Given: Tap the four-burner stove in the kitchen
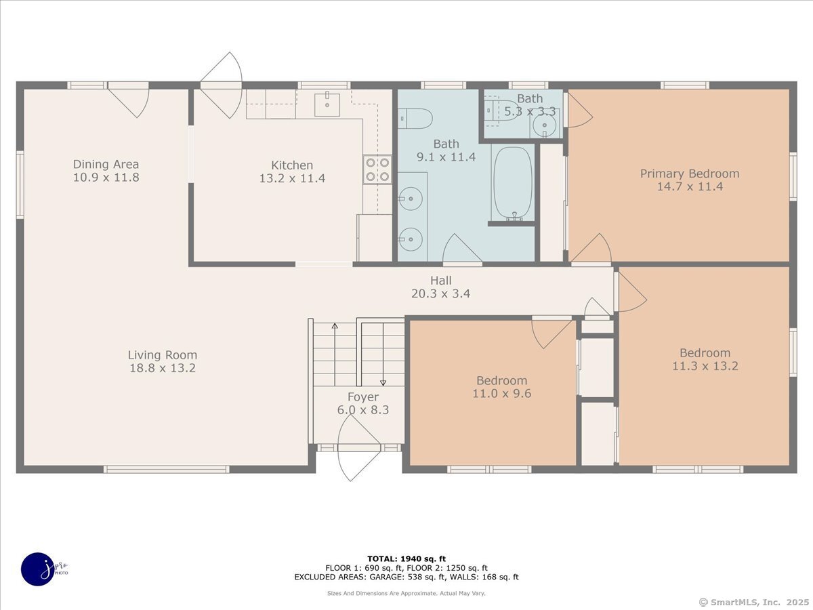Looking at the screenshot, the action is click(x=377, y=169).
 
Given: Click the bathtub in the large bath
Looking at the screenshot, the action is click(x=513, y=182).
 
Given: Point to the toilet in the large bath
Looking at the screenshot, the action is click(x=415, y=119).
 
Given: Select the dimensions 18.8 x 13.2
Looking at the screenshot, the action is click(x=162, y=368).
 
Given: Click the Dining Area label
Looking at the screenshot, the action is click(x=106, y=164).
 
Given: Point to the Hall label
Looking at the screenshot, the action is click(x=441, y=281).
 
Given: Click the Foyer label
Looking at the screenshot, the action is click(x=363, y=397).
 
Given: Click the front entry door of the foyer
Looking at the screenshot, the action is click(x=359, y=448).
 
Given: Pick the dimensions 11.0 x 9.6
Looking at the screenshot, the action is click(x=501, y=393).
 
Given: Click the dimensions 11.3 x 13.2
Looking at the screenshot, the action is click(x=705, y=366).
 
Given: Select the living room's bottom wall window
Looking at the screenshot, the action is click(x=166, y=469).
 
